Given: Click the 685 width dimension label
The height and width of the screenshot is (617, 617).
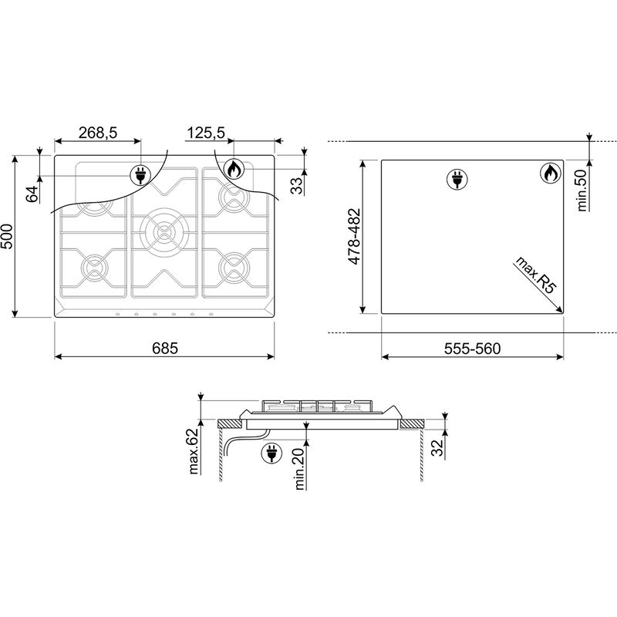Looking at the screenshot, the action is point(165,349).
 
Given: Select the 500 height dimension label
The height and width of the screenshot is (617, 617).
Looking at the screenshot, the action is point(7,237).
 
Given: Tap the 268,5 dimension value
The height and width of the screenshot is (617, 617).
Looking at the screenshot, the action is point(98,133).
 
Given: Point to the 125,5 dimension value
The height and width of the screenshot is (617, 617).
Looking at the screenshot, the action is point(205,133).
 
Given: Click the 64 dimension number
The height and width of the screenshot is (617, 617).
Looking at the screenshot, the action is point(32,194).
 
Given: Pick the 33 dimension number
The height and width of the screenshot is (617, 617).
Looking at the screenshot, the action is point(298,186).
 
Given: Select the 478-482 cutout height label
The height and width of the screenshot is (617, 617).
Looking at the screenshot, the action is point(354,236).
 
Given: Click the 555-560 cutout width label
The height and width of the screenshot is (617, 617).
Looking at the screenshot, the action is point(472,349).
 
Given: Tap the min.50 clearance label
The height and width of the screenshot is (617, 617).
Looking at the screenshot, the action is point(582,190).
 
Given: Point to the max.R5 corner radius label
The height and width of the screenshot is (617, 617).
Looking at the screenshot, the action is point(536,275).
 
